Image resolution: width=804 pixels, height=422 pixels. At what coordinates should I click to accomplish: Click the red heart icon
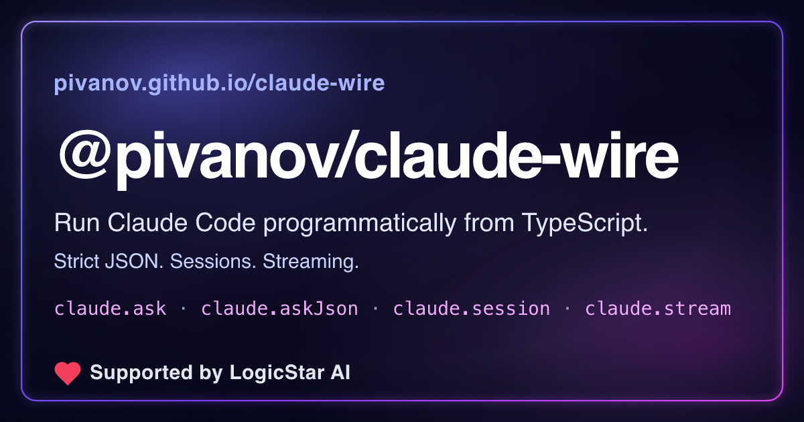68,373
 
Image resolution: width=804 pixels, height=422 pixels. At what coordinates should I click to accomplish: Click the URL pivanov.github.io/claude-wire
219,83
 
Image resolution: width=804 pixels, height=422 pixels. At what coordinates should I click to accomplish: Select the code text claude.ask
110,309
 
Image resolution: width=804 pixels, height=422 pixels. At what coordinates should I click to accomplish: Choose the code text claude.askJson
279,309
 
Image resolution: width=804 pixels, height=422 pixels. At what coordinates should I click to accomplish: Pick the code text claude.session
472,309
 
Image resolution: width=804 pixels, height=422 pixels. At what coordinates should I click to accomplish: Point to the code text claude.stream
658,309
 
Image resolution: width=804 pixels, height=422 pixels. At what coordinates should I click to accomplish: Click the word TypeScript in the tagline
585,223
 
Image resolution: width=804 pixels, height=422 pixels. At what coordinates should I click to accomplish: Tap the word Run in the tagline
77,223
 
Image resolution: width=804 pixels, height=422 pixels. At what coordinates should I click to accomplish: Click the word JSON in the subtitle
134,261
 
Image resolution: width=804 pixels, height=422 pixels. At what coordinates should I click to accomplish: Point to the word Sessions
213,261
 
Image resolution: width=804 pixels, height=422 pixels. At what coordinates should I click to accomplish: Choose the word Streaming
311,262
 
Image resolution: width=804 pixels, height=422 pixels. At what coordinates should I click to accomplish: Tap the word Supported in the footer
141,373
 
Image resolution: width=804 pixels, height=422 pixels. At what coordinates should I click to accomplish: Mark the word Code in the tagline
225,223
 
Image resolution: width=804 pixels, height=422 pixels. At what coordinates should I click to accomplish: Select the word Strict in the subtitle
76,261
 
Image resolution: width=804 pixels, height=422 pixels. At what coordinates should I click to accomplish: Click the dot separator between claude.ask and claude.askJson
184,309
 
